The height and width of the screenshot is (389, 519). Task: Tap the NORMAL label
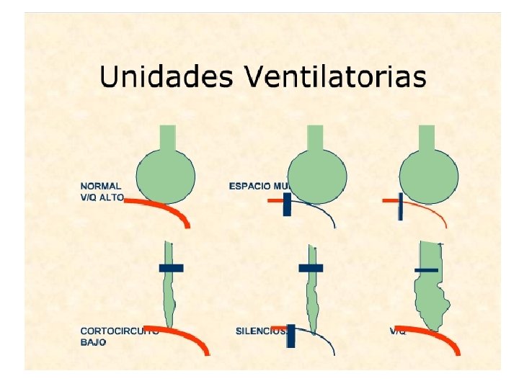[x=101, y=186]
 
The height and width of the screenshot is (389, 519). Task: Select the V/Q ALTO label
[x=102, y=197]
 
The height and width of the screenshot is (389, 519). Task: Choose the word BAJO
[x=93, y=342]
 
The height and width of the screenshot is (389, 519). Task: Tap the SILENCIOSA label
[x=261, y=331]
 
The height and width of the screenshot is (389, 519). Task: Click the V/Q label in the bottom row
[x=397, y=331]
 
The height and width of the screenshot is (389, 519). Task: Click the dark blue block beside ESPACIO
[x=287, y=204]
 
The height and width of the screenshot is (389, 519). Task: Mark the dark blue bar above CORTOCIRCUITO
[x=171, y=268]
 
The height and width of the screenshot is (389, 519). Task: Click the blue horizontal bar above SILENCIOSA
[x=311, y=268]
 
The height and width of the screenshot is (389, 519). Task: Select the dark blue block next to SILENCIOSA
[x=291, y=336]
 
